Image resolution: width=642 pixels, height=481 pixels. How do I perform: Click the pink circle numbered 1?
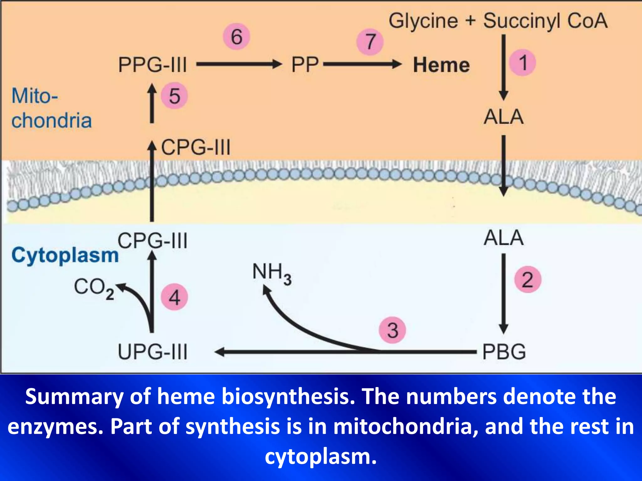(522, 63)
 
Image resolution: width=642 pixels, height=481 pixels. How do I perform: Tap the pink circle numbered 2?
(528, 279)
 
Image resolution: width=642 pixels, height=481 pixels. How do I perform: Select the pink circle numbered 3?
(392, 330)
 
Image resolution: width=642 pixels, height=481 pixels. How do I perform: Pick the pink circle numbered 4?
(174, 297)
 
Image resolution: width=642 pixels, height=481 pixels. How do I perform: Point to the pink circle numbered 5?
(174, 96)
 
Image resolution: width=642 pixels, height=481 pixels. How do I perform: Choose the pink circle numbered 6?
(237, 36)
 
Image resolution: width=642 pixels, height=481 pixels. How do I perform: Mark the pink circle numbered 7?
(370, 42)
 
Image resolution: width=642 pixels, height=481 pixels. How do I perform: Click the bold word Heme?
(441, 65)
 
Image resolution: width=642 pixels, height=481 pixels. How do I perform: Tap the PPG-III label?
(153, 65)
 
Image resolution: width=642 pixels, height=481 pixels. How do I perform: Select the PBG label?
(504, 352)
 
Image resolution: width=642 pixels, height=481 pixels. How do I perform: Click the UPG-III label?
(153, 352)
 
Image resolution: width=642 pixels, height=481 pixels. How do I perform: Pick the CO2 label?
(94, 288)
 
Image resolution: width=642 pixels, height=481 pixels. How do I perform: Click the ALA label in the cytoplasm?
(503, 238)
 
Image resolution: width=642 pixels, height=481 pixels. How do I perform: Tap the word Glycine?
(423, 21)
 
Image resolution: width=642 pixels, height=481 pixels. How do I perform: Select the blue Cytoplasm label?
(65, 255)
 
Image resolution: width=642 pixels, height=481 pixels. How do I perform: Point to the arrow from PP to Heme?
(362, 65)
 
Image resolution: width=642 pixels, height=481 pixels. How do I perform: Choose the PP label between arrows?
(305, 65)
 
